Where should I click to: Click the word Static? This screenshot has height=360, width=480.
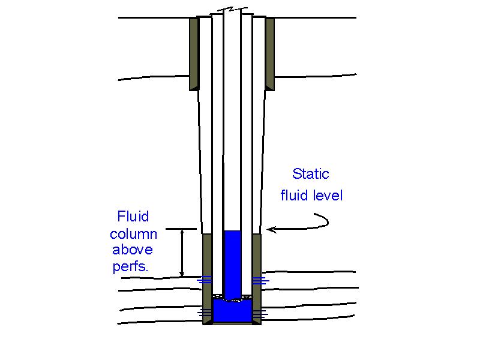click(311, 175)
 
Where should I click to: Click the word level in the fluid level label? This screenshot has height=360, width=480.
click(327, 196)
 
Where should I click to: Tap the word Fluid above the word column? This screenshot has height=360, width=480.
click(133, 215)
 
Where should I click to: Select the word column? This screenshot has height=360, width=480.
click(133, 233)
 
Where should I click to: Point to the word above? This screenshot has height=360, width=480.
click(133, 250)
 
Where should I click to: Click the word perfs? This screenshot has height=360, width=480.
click(130, 267)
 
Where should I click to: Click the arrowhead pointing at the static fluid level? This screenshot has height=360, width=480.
click(270, 229)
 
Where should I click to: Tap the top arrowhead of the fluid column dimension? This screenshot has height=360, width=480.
click(182, 232)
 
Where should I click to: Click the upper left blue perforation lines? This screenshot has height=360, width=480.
click(205, 279)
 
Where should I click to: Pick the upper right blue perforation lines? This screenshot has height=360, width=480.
click(260, 280)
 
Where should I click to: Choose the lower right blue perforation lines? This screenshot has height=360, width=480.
click(260, 313)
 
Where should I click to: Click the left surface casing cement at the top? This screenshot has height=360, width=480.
click(194, 53)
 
